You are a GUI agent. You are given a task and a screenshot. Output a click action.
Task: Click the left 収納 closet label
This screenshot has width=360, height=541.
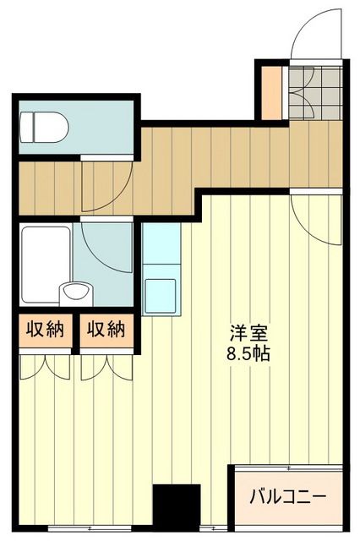[44, 330]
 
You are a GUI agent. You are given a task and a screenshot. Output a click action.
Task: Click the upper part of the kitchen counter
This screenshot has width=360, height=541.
[161, 245]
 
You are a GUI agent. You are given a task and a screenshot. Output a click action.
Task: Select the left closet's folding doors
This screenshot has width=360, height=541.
[44, 365]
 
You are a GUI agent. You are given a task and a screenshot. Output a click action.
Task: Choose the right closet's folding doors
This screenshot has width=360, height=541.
[107, 365]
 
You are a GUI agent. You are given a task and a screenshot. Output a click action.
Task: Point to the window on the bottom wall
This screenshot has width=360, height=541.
[85, 528]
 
